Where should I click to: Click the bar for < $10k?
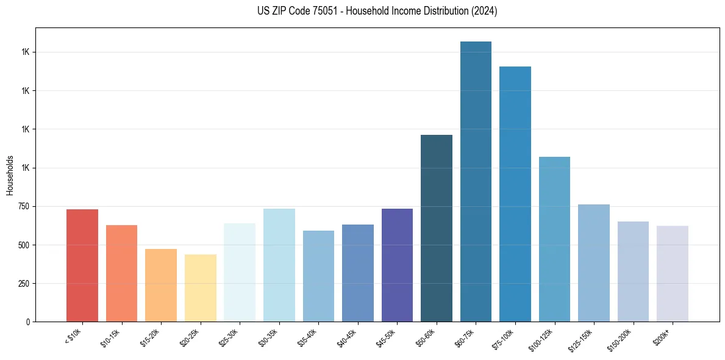[82, 265]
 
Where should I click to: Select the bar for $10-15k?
[121, 273]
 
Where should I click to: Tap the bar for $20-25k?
[200, 288]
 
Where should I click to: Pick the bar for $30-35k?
[279, 265]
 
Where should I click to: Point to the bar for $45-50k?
[397, 265]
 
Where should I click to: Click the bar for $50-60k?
[437, 228]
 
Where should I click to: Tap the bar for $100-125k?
[554, 239]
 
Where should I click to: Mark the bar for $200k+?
[673, 274]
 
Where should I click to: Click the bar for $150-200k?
[633, 272]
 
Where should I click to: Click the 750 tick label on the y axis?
[23, 206]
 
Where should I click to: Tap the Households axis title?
[10, 175]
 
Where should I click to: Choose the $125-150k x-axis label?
[582, 339]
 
